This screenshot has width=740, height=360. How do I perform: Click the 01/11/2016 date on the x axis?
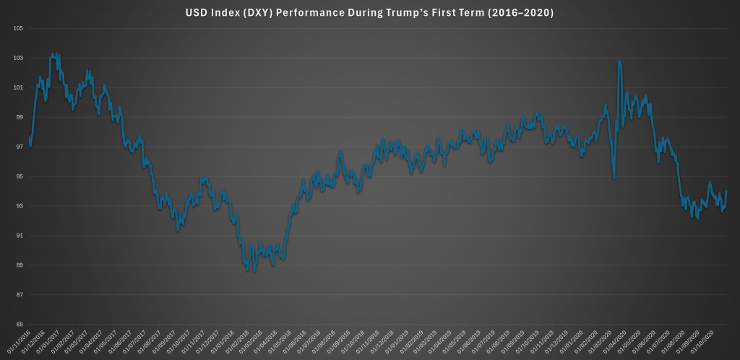pyautogui.click(x=20, y=341)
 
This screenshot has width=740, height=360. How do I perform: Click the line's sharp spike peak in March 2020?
pyautogui.click(x=619, y=61)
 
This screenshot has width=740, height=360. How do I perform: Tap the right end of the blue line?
pyautogui.click(x=726, y=191)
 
